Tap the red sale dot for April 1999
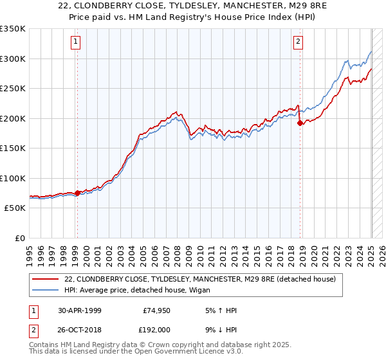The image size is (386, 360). (x=77, y=193)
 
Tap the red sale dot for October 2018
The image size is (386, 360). (x=300, y=123)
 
